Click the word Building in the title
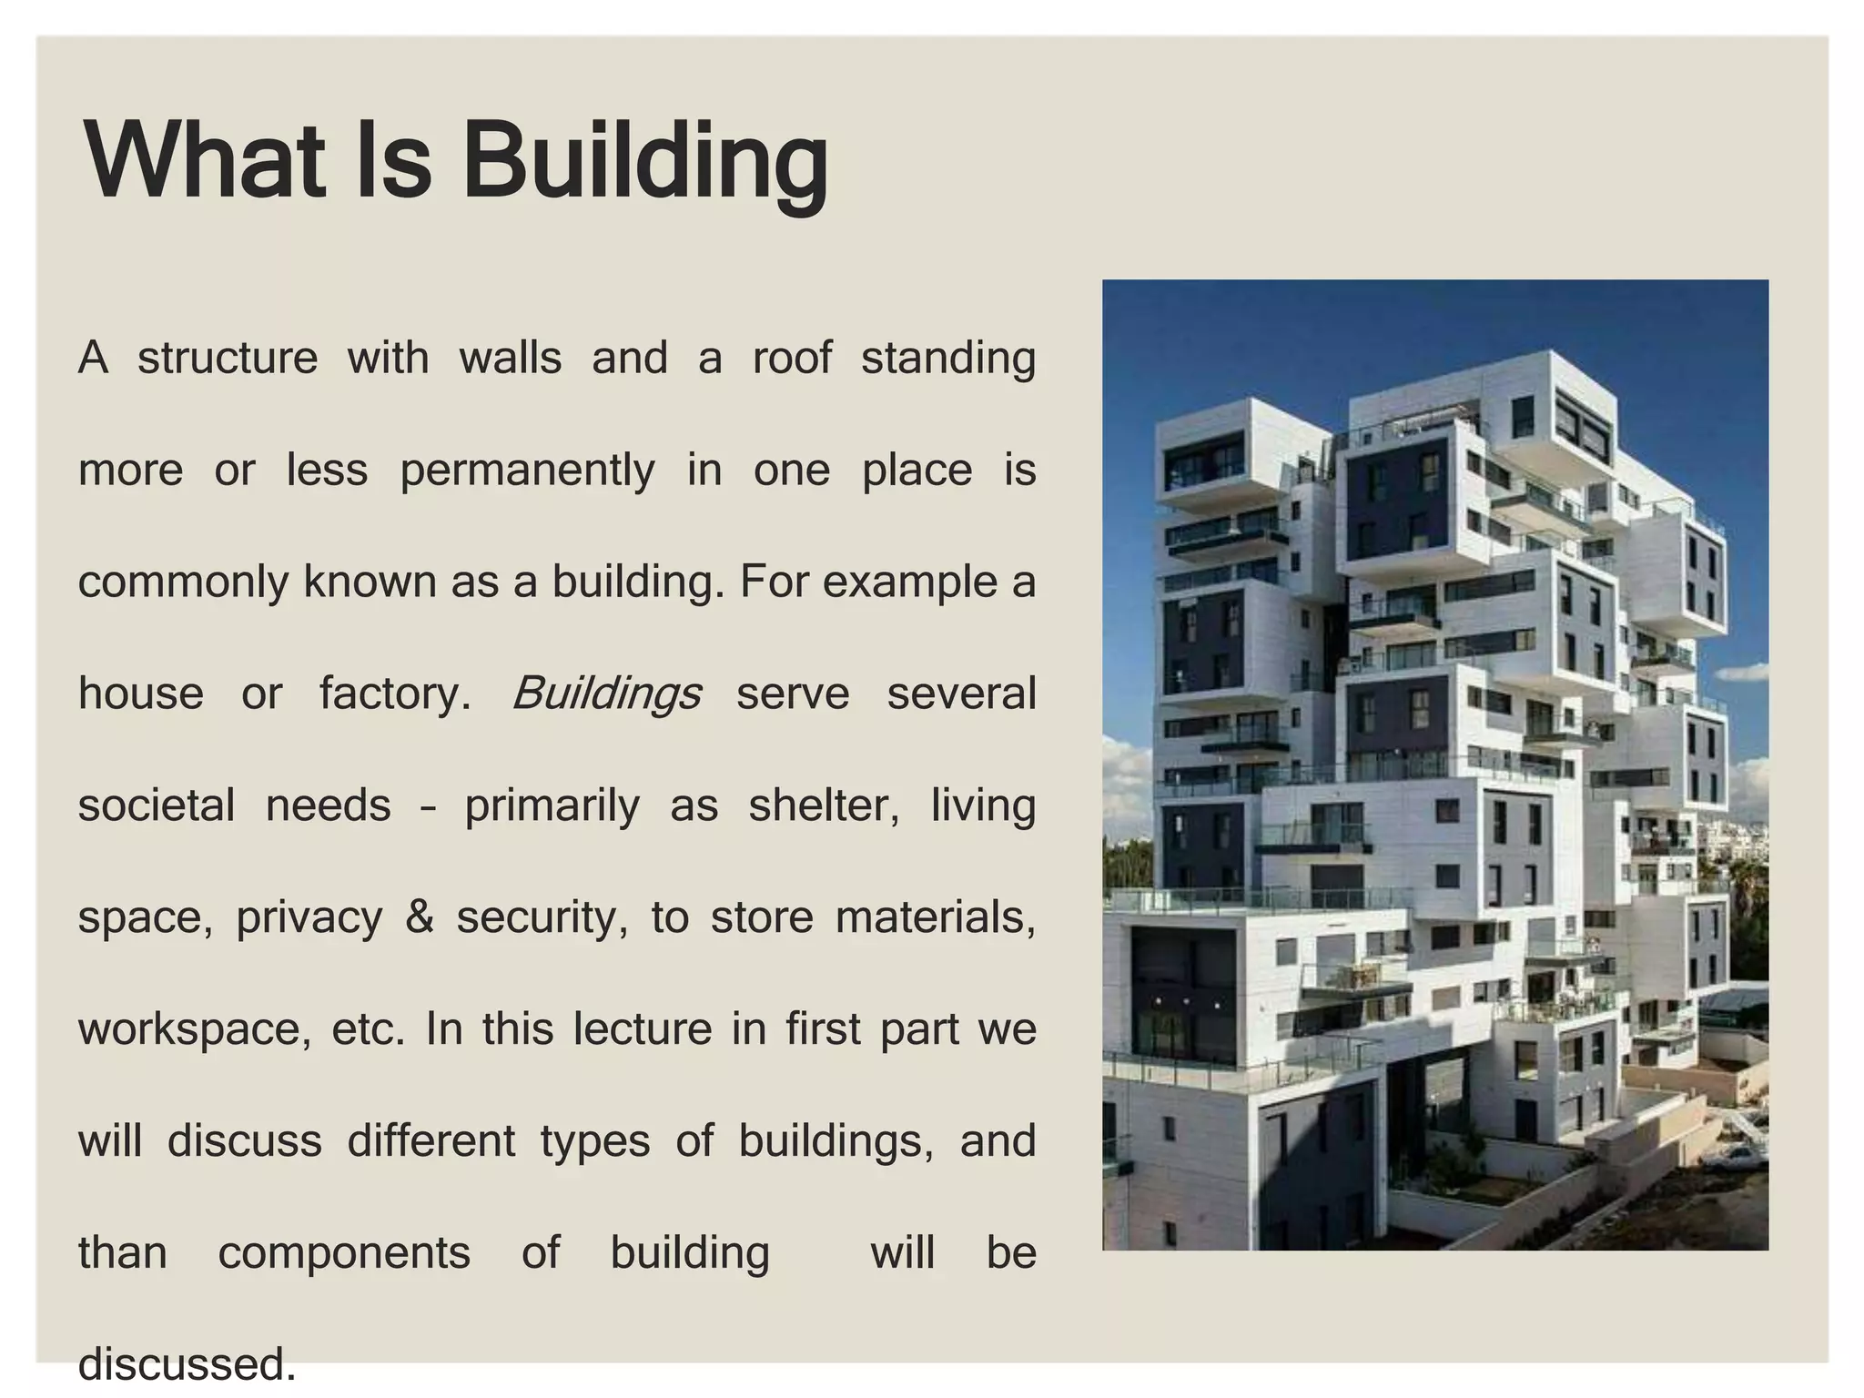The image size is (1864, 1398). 645,164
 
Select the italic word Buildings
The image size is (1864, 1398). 606,694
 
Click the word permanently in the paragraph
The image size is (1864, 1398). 527,471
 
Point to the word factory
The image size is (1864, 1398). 394,694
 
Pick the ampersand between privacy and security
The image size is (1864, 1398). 419,917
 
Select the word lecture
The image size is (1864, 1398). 643,1029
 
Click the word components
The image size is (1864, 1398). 344,1253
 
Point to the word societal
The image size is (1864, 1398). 157,805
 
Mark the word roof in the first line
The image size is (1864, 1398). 791,358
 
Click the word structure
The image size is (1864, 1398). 228,358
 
